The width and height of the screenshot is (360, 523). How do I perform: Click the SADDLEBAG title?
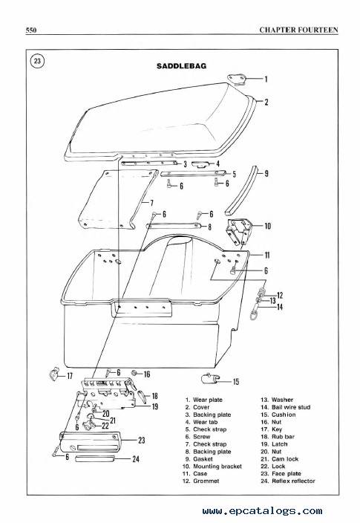(x=181, y=66)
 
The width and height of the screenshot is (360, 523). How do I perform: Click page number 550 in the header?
(x=31, y=30)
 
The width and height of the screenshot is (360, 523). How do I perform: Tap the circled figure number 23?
(x=37, y=61)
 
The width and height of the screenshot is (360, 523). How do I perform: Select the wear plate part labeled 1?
(x=237, y=79)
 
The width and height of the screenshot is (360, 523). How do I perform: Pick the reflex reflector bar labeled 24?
(x=95, y=458)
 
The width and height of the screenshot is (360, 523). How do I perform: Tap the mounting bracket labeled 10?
(x=238, y=232)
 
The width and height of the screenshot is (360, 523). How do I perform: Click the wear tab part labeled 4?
(x=202, y=163)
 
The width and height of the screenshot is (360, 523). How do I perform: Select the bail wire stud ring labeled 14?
(x=255, y=314)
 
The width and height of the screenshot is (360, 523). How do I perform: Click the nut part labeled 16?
(x=134, y=373)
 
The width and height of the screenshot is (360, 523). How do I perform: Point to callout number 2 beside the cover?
(x=266, y=102)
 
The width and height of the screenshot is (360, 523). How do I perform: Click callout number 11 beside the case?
(x=267, y=255)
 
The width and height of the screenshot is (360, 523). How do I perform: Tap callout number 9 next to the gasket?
(x=266, y=173)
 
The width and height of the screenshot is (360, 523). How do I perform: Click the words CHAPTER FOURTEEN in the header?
(x=298, y=30)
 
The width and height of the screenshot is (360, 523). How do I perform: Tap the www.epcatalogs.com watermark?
(x=262, y=510)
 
